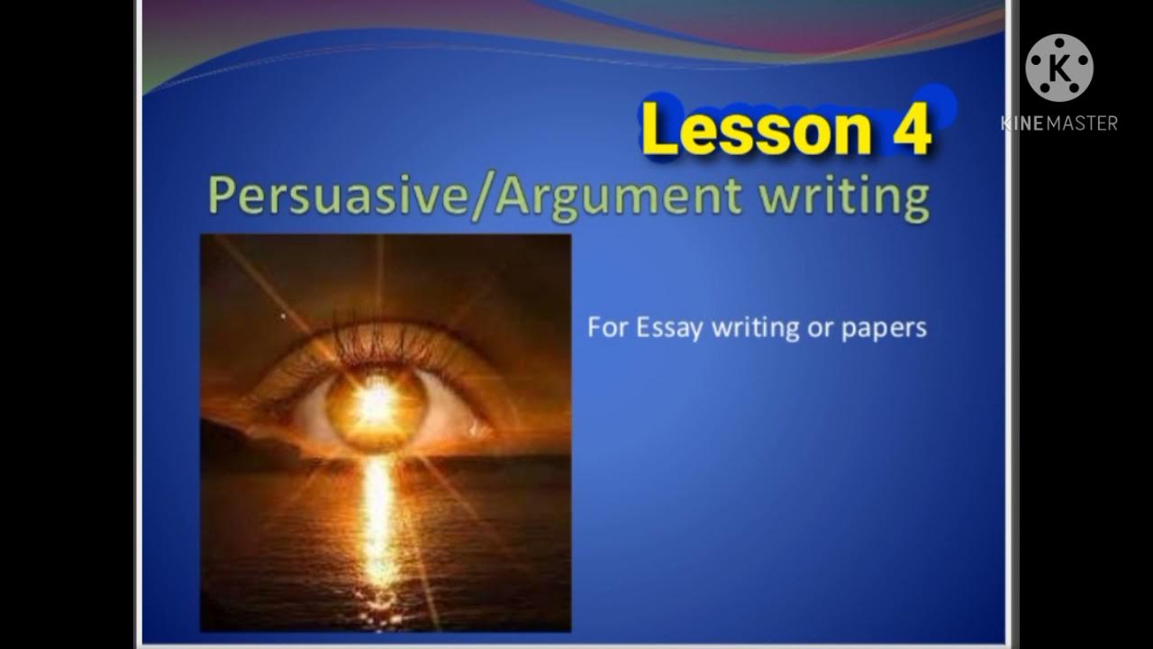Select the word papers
(884, 327)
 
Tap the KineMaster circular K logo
(1059, 68)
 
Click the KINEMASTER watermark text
(1059, 123)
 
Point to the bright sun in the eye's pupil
(376, 405)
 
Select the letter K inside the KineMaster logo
(1060, 69)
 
